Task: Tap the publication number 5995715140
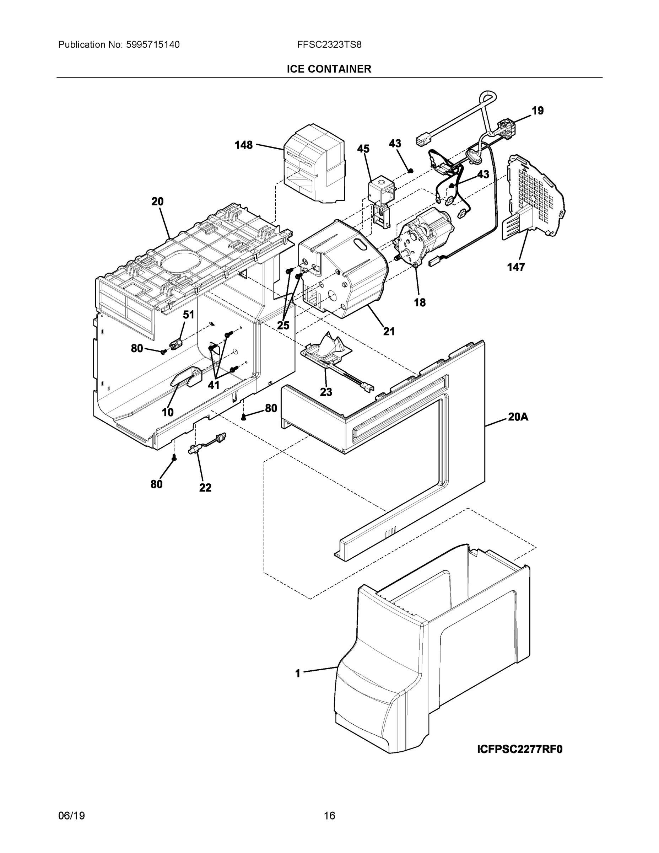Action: [x=153, y=44]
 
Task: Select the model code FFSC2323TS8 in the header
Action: [x=329, y=44]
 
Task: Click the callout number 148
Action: [x=244, y=145]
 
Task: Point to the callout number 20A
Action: [x=518, y=417]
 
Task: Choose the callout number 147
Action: [x=516, y=267]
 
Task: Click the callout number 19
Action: [x=538, y=111]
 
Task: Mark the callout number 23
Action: [x=326, y=392]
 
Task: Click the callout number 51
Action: [x=189, y=315]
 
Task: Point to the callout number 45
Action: [x=363, y=149]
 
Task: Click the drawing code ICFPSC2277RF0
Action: [x=520, y=749]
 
